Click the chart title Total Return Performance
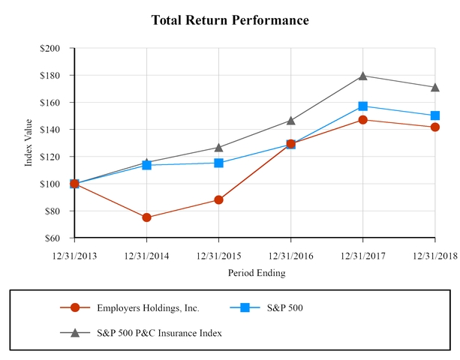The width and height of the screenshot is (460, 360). [x=230, y=19]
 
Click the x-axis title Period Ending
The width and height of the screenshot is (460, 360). [x=256, y=273]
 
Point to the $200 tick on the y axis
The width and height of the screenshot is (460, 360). [x=57, y=48]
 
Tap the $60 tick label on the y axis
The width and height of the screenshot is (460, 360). [x=59, y=238]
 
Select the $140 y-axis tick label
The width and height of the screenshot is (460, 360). [x=57, y=130]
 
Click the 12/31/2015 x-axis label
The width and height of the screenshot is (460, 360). [x=218, y=256]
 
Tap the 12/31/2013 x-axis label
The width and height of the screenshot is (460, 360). [x=74, y=256]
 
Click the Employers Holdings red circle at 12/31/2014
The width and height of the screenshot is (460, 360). [x=146, y=217]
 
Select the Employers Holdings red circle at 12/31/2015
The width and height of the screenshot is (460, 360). [x=218, y=199]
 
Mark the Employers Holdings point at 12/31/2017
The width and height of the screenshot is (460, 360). [x=363, y=119]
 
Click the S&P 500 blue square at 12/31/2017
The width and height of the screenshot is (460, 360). [x=363, y=106]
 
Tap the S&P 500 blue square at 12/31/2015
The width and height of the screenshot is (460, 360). [x=218, y=163]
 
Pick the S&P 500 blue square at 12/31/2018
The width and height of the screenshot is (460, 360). [x=435, y=115]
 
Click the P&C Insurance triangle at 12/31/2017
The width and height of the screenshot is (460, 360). [x=363, y=75]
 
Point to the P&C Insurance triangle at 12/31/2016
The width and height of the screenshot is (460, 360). [x=291, y=120]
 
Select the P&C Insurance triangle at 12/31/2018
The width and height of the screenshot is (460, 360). [x=435, y=87]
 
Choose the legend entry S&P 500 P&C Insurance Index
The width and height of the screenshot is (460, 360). [x=159, y=333]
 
